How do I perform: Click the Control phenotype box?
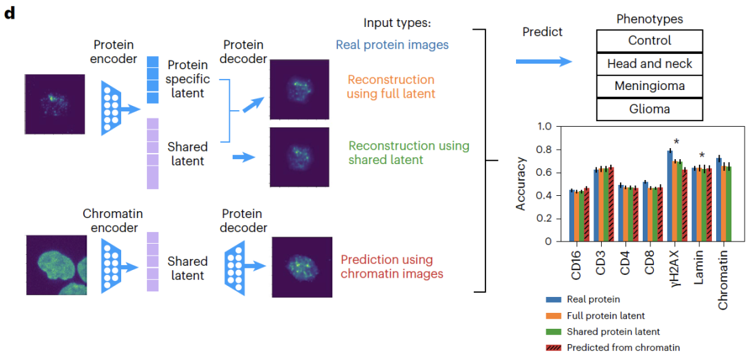(649, 41)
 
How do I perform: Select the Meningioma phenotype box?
(649, 87)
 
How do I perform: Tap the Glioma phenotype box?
(649, 109)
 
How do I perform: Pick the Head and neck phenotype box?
(649, 64)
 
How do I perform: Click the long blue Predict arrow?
(543, 62)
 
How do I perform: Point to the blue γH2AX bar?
(670, 196)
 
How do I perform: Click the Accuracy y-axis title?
(521, 183)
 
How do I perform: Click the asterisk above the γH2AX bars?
(676, 143)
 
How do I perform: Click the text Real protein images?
(392, 45)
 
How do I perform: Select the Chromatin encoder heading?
(112, 214)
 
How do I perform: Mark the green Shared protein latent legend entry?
(612, 332)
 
